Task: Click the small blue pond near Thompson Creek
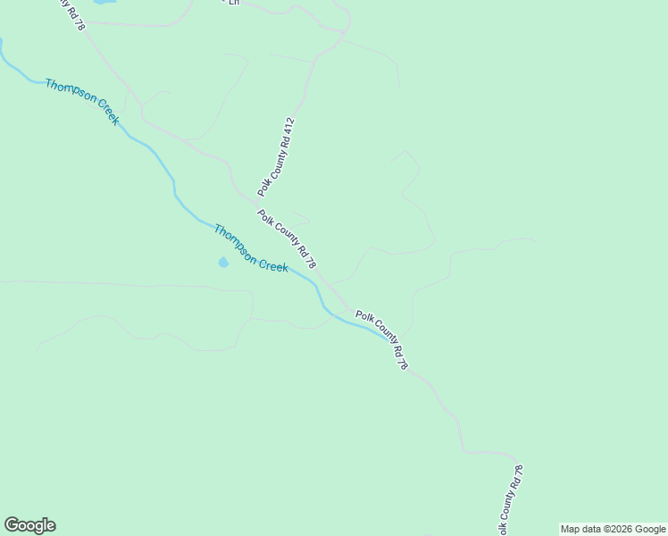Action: pyautogui.click(x=222, y=262)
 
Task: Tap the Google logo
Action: pyautogui.click(x=29, y=525)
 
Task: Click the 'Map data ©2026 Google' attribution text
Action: pyautogui.click(x=613, y=529)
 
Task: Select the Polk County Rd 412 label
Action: pyautogui.click(x=276, y=157)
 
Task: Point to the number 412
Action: pyautogui.click(x=288, y=128)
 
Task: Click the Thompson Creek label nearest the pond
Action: pyautogui.click(x=250, y=248)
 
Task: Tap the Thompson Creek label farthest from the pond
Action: pyautogui.click(x=82, y=101)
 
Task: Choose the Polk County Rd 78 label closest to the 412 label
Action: pyautogui.click(x=287, y=239)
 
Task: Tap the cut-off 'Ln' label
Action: pyautogui.click(x=234, y=3)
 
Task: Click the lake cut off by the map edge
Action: pyautogui.click(x=104, y=3)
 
